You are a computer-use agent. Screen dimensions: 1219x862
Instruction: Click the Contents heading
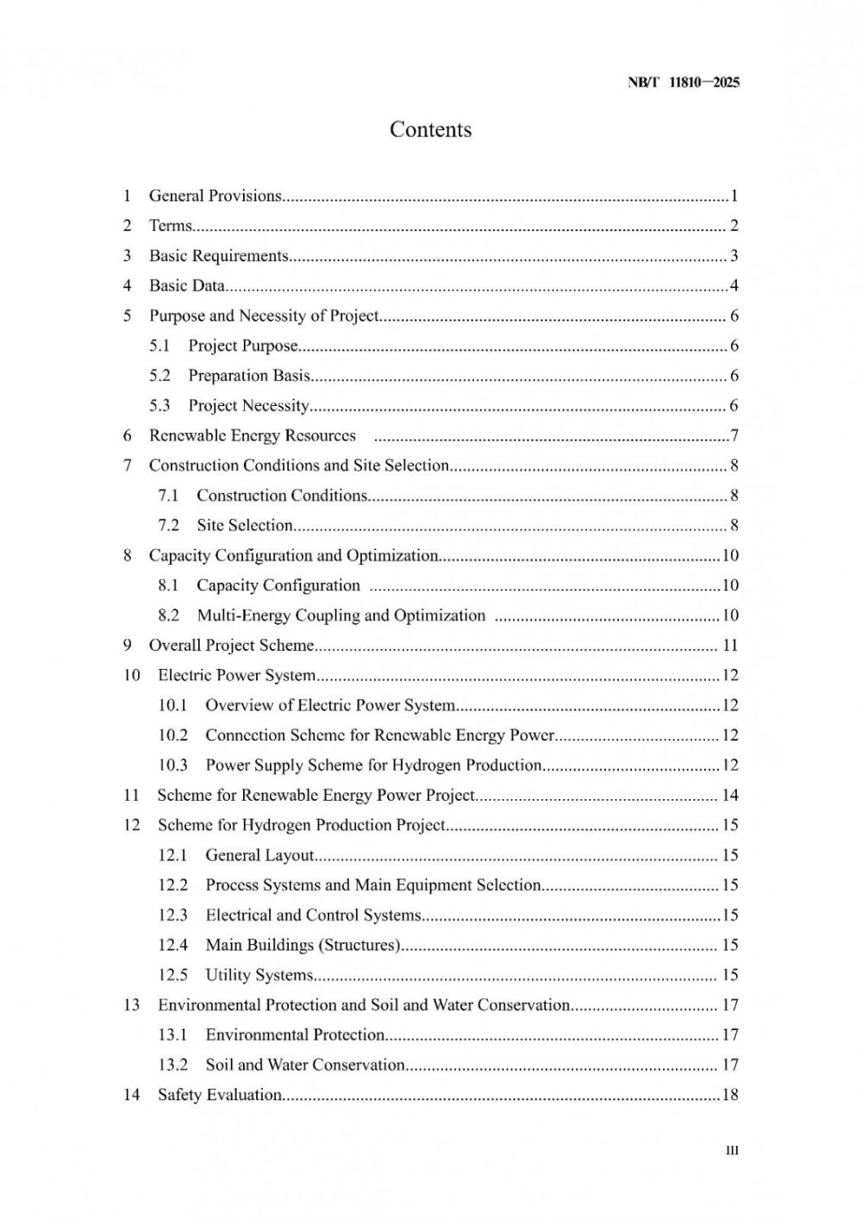pyautogui.click(x=430, y=129)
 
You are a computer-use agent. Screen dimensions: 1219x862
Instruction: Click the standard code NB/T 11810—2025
pyautogui.click(x=684, y=83)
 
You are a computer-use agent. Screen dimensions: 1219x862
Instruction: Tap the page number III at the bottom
pyautogui.click(x=732, y=1151)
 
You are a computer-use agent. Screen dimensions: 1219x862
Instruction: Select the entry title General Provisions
pyautogui.click(x=215, y=196)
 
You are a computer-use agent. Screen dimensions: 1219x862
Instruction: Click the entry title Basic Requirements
pyautogui.click(x=218, y=256)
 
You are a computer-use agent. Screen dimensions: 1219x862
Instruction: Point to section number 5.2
pyautogui.click(x=159, y=376)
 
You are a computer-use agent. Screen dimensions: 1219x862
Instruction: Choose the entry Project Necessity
pyautogui.click(x=248, y=405)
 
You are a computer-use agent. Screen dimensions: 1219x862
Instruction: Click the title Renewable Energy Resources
pyautogui.click(x=252, y=435)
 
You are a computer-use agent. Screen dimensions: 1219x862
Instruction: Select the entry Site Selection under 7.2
pyautogui.click(x=245, y=525)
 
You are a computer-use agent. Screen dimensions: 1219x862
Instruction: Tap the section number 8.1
pyautogui.click(x=168, y=585)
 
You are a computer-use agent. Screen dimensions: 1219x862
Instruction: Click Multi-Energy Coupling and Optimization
pyautogui.click(x=341, y=616)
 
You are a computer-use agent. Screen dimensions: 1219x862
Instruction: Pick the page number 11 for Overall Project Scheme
pyautogui.click(x=730, y=646)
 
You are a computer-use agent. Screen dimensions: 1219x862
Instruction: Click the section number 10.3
pyautogui.click(x=172, y=766)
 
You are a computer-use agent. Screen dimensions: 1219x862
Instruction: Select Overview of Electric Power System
pyautogui.click(x=330, y=705)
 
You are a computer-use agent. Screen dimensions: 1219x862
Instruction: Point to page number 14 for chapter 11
pyautogui.click(x=730, y=795)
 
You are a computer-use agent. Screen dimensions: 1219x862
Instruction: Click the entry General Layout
pyautogui.click(x=259, y=855)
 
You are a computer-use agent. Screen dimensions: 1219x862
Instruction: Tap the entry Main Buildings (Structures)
pyautogui.click(x=303, y=945)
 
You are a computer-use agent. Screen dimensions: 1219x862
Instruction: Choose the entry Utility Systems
pyautogui.click(x=259, y=975)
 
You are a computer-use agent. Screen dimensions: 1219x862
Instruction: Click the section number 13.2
pyautogui.click(x=172, y=1065)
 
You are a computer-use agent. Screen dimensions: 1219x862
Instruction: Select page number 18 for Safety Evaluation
pyautogui.click(x=730, y=1095)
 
